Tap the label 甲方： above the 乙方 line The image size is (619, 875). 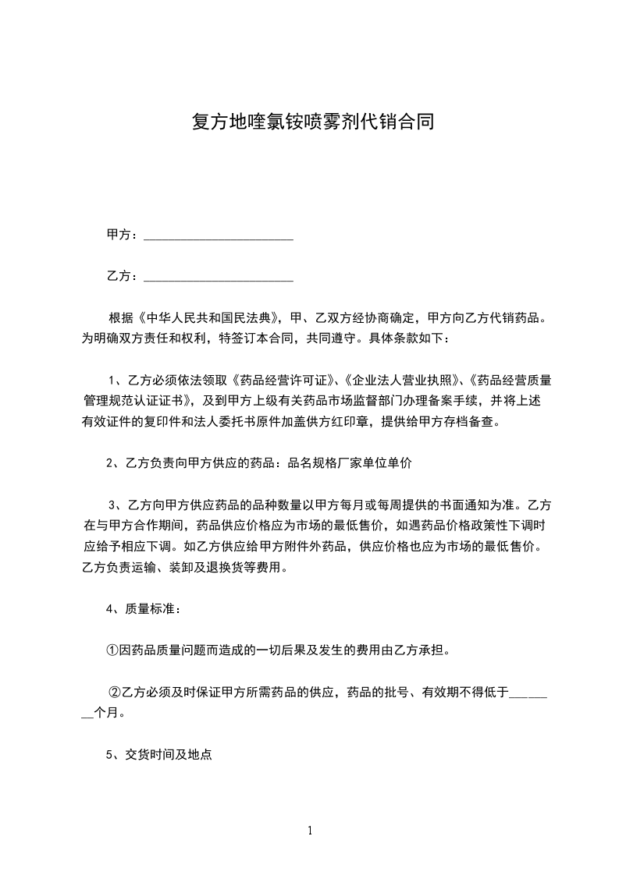point(123,235)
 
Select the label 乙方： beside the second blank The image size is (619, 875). point(123,276)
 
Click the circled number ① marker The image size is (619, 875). point(112,650)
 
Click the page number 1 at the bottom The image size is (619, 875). point(310,831)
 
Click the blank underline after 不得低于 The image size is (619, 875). point(528,693)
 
